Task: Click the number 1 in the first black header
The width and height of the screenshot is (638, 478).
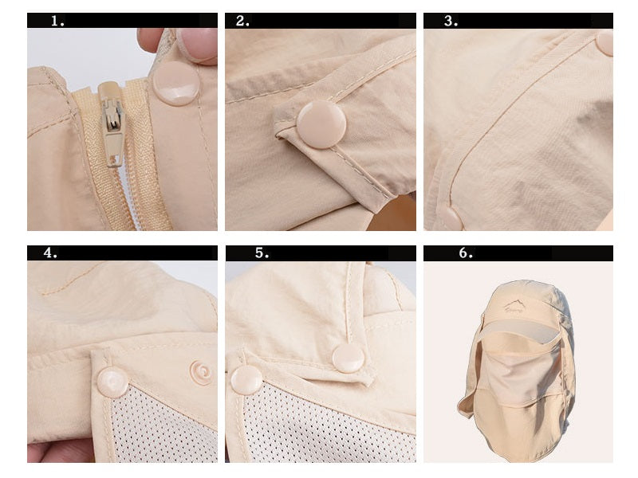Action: click(x=57, y=21)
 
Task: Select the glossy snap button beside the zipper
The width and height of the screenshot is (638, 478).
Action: click(x=175, y=84)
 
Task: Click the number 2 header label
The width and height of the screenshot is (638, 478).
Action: click(x=242, y=21)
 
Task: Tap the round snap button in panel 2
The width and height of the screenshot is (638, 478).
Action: click(x=321, y=124)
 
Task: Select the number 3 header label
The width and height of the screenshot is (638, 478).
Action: click(x=451, y=21)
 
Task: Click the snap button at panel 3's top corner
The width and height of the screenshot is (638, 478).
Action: click(x=605, y=42)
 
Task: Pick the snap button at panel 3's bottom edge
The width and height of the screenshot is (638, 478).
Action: click(x=450, y=217)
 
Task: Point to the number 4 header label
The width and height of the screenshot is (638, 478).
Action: click(x=50, y=253)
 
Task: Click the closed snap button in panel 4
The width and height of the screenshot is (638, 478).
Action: click(x=112, y=382)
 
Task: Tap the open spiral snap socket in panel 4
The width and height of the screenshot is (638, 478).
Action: click(x=201, y=372)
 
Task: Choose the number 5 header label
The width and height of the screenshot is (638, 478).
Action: click(x=262, y=253)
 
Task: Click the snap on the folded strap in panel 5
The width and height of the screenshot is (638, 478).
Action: click(x=349, y=358)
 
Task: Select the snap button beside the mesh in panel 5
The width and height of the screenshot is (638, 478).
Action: click(x=246, y=380)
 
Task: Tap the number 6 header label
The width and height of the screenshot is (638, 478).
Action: click(x=466, y=253)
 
